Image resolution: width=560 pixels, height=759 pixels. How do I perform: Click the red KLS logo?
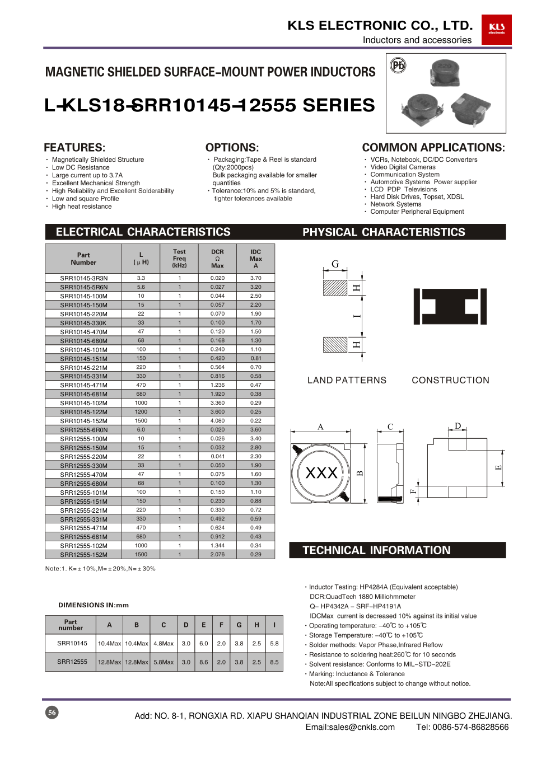496,29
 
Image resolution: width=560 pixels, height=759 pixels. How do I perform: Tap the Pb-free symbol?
398,65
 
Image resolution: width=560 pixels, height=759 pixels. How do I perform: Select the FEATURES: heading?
74,148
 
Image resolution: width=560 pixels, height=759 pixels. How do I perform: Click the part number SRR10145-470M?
84,332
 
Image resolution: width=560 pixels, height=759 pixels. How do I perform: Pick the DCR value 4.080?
217,420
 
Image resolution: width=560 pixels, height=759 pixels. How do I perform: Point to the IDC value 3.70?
255,278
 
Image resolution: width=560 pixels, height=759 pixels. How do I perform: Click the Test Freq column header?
179,259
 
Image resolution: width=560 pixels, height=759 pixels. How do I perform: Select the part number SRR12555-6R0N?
84,430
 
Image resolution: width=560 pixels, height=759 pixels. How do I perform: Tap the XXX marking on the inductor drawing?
321,473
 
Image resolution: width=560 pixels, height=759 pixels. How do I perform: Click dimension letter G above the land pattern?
335,264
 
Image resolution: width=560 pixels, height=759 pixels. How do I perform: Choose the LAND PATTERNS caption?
347,380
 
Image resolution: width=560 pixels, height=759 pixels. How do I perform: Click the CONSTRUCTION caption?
450,380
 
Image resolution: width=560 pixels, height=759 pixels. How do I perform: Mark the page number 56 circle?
52,713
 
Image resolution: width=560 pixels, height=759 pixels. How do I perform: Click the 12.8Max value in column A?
109,662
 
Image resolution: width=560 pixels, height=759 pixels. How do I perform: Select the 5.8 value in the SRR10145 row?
274,644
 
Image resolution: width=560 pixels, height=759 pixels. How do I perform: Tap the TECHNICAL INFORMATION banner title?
376,550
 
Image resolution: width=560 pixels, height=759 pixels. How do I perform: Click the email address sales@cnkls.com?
350,727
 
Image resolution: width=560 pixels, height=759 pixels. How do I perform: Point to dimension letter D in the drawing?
458,426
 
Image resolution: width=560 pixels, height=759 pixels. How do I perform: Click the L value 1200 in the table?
141,411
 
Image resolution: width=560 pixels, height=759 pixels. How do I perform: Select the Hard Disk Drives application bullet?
417,196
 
